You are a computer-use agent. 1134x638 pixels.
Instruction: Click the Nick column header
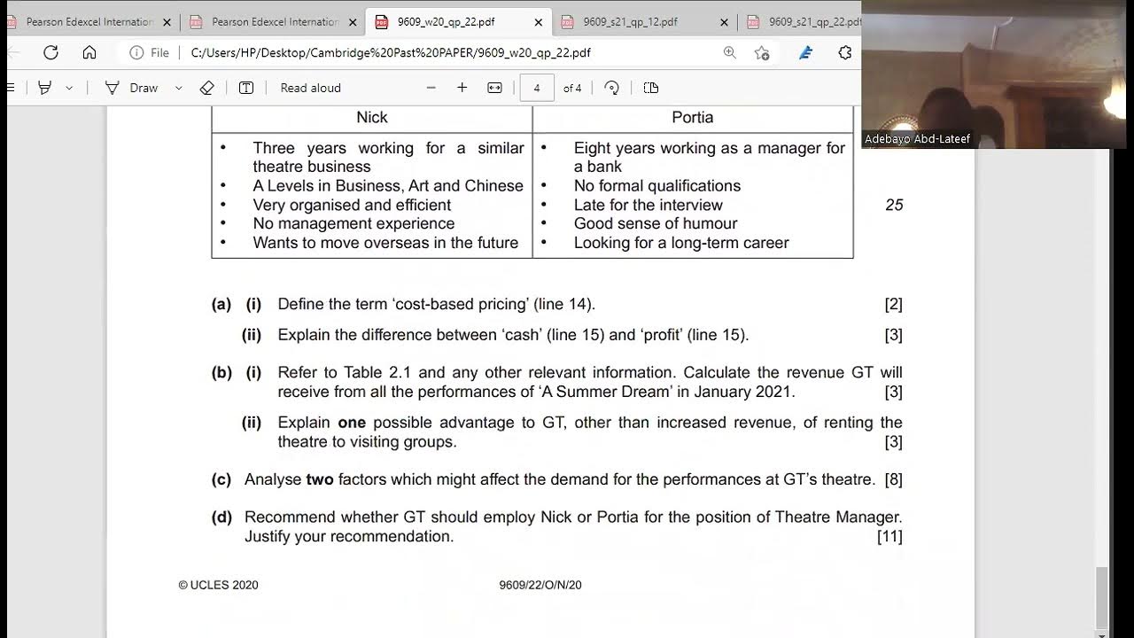(372, 118)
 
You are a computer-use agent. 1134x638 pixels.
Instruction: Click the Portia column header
(693, 118)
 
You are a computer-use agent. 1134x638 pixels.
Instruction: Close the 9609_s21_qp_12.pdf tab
(724, 22)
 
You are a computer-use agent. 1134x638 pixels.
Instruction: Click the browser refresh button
(50, 52)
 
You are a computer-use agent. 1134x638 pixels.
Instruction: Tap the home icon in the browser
(89, 52)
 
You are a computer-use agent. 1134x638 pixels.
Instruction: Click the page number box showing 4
(536, 88)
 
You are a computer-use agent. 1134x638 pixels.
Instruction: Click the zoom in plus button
(462, 88)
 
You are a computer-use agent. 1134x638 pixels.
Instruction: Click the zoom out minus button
(431, 88)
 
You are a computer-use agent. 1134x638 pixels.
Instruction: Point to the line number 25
(894, 205)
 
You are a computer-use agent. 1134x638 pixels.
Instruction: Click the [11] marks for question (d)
(889, 536)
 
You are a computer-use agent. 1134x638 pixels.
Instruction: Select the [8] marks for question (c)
(893, 479)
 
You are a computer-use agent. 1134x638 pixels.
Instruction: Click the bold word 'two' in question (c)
(320, 479)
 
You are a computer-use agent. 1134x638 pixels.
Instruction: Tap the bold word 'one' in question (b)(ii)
(352, 423)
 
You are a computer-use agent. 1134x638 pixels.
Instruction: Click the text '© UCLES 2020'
(218, 585)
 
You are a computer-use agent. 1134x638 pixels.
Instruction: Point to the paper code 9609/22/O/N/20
(540, 585)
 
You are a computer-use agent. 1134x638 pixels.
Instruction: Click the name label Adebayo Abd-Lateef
(917, 139)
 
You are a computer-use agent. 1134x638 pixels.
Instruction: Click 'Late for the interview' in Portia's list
(648, 205)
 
